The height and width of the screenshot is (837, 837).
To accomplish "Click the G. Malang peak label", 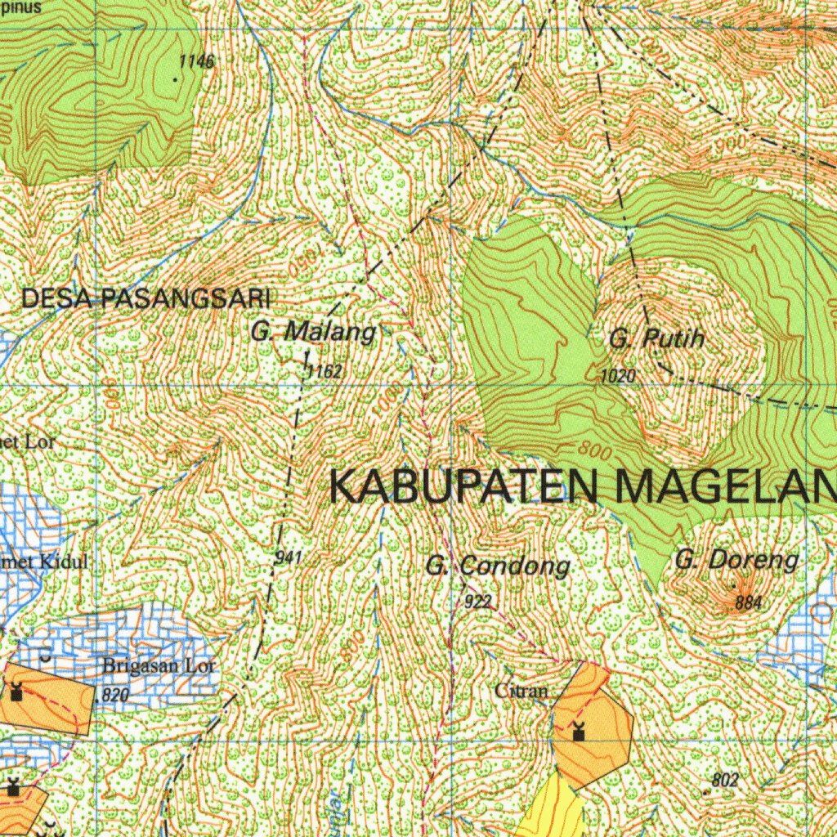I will (x=313, y=333).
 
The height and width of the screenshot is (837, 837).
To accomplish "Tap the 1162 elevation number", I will (x=324, y=372).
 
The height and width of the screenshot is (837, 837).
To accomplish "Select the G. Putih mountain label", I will (x=656, y=338).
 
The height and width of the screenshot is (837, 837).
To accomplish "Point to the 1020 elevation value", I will (x=617, y=376).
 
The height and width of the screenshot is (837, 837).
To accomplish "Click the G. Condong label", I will (x=497, y=566).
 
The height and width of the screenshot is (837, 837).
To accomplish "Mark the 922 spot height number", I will (x=477, y=602).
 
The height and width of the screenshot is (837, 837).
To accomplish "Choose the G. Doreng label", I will (x=736, y=561).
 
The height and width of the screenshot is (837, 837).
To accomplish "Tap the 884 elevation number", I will (x=748, y=603).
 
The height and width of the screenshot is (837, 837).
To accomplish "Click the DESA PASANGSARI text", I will (x=145, y=298).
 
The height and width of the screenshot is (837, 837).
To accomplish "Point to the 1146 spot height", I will (x=196, y=62).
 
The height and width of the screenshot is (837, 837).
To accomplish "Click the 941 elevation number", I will (x=289, y=557).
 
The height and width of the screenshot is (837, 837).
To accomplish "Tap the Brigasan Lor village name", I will (x=159, y=665).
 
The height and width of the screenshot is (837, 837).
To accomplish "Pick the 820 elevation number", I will (x=115, y=696).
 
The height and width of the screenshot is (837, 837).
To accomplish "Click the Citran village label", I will (x=521, y=691).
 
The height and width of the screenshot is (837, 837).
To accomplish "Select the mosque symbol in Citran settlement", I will (x=579, y=732).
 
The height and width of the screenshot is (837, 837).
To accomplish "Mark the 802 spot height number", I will (x=725, y=780).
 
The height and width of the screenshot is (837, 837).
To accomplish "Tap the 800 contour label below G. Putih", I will (x=594, y=450).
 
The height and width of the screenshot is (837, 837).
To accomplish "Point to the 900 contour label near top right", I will (x=729, y=142).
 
